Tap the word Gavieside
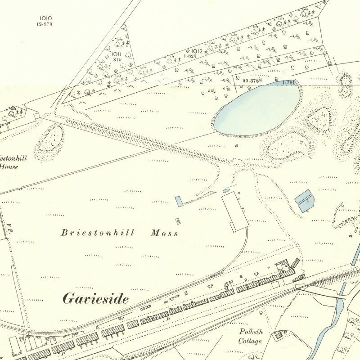pyautogui.click(x=95, y=299)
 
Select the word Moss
pyautogui.click(x=164, y=233)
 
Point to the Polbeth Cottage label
pyautogui.click(x=251, y=336)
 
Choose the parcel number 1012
pyautogui.click(x=197, y=51)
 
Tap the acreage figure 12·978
pyautogui.click(x=44, y=24)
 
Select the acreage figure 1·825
pyautogui.click(x=189, y=56)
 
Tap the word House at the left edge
pyautogui.click(x=9, y=166)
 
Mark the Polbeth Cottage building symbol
pyautogui.click(x=279, y=334)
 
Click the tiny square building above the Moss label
pyautogui.click(x=178, y=220)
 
